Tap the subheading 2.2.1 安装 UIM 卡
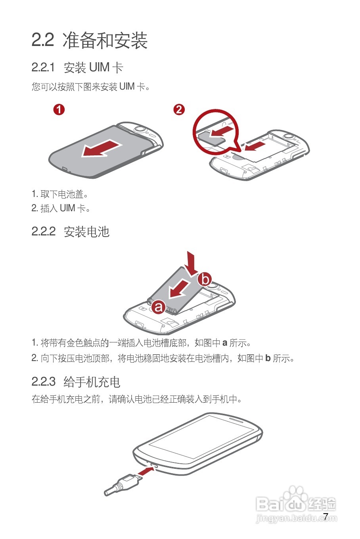pos(77,68)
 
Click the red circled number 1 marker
pos(59,109)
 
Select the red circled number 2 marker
pos(179,109)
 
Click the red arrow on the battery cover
pos(101,149)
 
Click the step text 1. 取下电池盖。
pos(60,194)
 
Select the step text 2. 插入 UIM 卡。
pos(61,208)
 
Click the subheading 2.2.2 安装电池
pos(70,231)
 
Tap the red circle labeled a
pos(159,307)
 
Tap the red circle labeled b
pos(205,279)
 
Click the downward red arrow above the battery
pos(192,262)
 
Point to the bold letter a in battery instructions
pos(224,343)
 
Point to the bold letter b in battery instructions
pos(268,358)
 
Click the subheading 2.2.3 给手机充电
pos(76,382)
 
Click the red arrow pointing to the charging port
pos(146,471)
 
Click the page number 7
pos(326,516)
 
